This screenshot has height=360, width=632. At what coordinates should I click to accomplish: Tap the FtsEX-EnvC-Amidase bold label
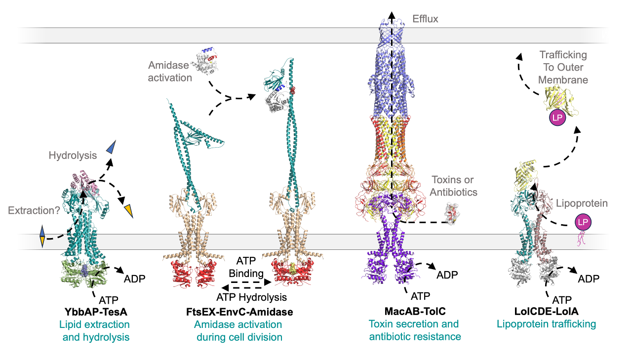[239, 312]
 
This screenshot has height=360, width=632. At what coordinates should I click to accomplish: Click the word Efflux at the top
[425, 19]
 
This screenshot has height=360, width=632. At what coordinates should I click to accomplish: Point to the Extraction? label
[34, 210]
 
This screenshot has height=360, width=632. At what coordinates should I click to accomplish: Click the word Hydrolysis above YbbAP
[73, 156]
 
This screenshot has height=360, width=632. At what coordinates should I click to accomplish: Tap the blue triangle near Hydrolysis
[111, 146]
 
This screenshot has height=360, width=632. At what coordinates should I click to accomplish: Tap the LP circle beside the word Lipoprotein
[583, 223]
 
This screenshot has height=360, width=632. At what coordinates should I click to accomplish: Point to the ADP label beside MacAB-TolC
[447, 275]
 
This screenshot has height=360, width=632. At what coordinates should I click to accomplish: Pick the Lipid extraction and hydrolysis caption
[94, 330]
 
